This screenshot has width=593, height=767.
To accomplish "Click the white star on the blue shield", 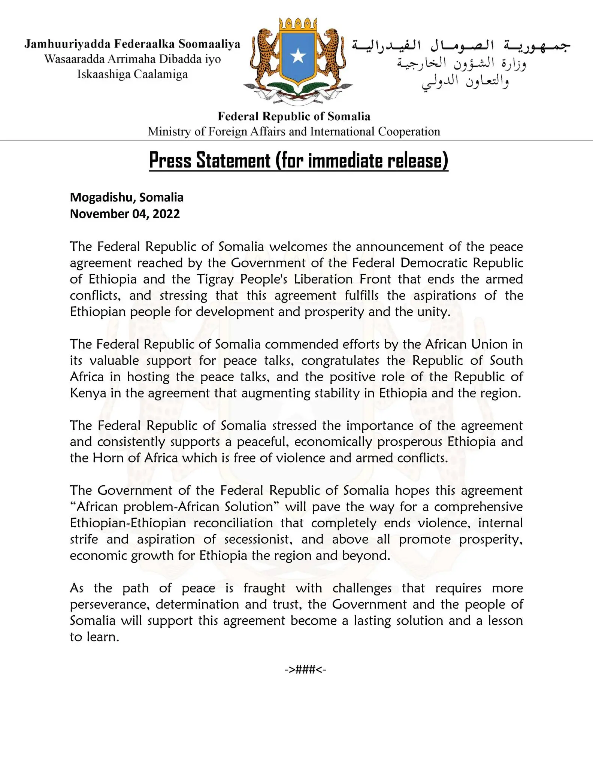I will [x=298, y=56].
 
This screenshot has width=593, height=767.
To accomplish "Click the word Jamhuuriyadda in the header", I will [x=67, y=44].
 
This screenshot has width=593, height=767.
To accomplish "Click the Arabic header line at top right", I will [x=461, y=46].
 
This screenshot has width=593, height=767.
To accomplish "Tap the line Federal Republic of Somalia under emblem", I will [x=294, y=116].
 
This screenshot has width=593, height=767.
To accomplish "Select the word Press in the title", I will [x=170, y=161].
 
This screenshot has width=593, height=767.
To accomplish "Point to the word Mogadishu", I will [x=100, y=197].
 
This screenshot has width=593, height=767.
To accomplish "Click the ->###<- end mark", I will [x=305, y=669].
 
